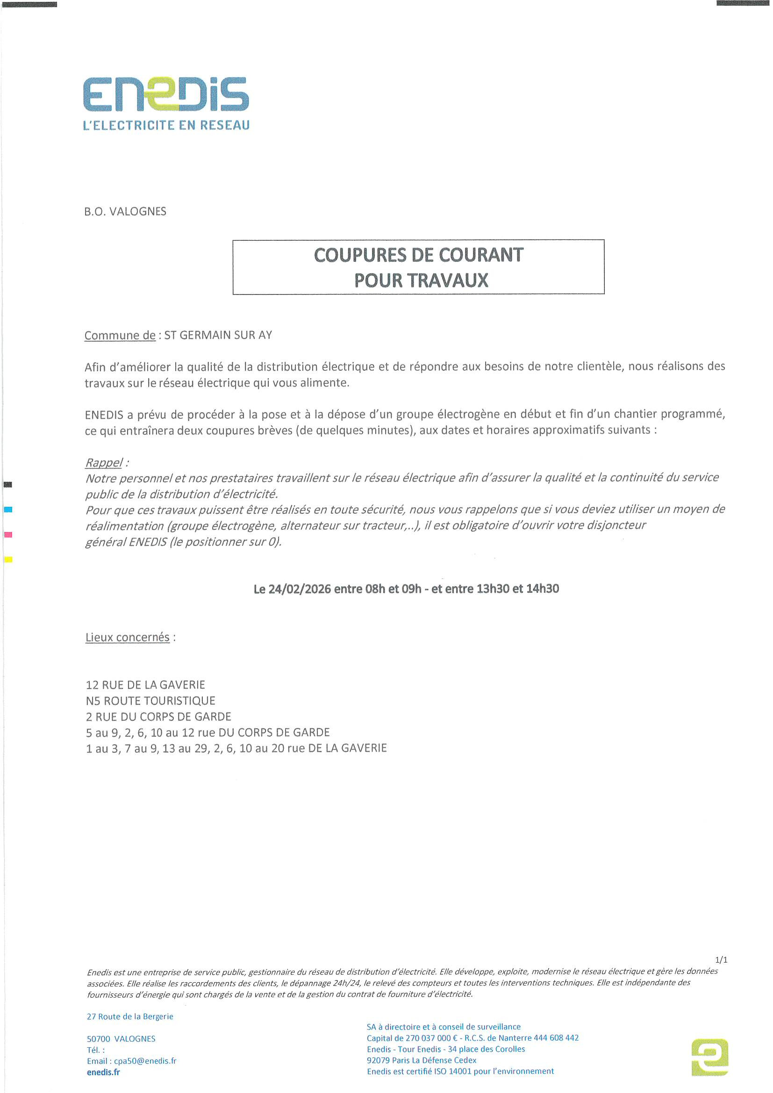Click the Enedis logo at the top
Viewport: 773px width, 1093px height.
pyautogui.click(x=165, y=94)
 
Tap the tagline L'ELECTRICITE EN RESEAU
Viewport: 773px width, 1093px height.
pyautogui.click(x=166, y=125)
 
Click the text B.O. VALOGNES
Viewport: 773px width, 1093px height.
pyautogui.click(x=125, y=211)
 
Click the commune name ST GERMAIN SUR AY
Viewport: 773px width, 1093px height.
pyautogui.click(x=218, y=335)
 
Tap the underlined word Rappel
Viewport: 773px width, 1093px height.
pyautogui.click(x=104, y=462)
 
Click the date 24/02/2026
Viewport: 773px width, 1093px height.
pyautogui.click(x=300, y=589)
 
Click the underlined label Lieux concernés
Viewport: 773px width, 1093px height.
pyautogui.click(x=128, y=637)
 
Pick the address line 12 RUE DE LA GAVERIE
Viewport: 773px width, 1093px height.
pyautogui.click(x=145, y=685)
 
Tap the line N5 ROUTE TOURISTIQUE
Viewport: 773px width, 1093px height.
pyautogui.click(x=150, y=701)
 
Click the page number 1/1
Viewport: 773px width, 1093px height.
pyautogui.click(x=721, y=960)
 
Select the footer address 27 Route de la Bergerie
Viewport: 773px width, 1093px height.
pyautogui.click(x=130, y=1016)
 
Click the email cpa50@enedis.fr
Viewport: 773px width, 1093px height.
pyautogui.click(x=145, y=1061)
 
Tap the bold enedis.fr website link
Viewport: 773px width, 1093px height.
pyautogui.click(x=103, y=1072)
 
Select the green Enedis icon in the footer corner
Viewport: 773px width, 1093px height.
pyautogui.click(x=710, y=1057)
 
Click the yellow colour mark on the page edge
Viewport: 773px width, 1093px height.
pyautogui.click(x=8, y=559)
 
